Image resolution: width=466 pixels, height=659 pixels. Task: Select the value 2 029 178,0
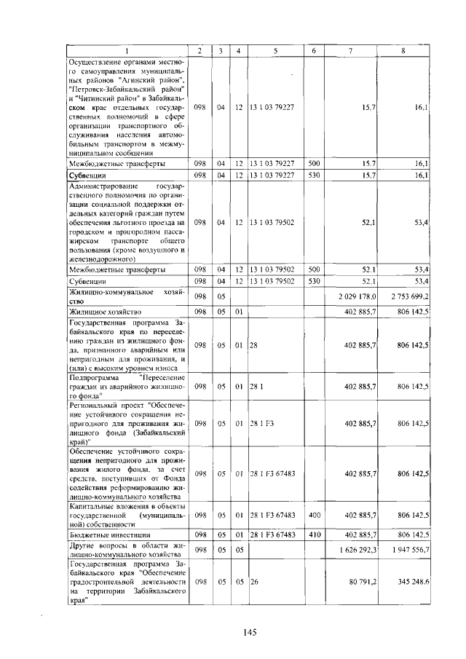[x=357, y=296]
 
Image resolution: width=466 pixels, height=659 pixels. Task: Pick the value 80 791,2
[x=361, y=582]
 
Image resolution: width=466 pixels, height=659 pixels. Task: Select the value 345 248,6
[x=413, y=582]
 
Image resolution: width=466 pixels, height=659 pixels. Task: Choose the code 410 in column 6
[x=315, y=534]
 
